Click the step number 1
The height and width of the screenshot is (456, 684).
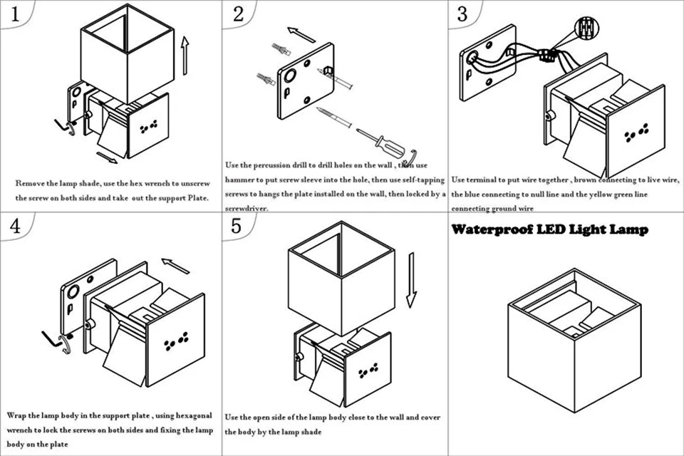15,14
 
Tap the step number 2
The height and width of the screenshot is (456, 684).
238,14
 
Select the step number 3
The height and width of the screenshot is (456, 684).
462,14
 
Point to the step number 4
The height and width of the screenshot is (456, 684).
15,226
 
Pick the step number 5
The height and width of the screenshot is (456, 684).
237,226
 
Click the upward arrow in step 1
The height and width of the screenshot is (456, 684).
185,56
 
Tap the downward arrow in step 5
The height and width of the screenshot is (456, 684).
411,280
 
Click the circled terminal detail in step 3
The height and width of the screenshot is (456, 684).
586,28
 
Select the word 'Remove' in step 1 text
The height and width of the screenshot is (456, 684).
30,183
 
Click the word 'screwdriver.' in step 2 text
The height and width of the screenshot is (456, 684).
247,209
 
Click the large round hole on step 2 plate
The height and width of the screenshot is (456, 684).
290,76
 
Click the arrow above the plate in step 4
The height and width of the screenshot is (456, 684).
175,266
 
